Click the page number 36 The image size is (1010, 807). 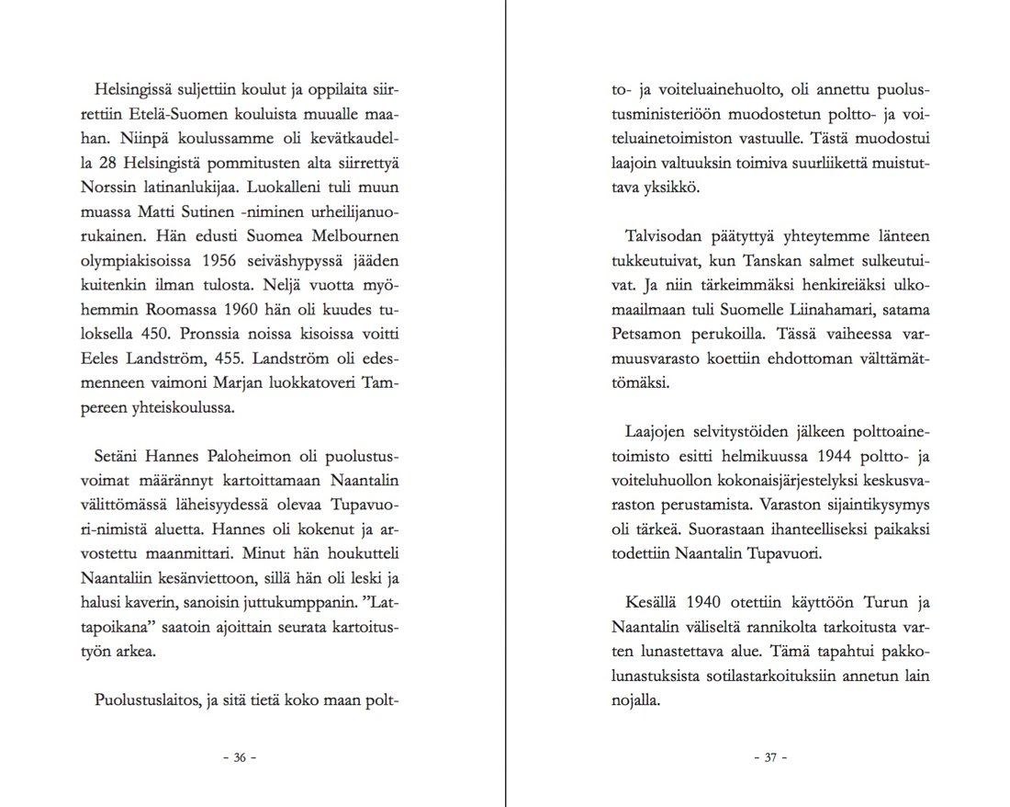(x=240, y=758)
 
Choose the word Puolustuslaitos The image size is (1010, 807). (x=151, y=703)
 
